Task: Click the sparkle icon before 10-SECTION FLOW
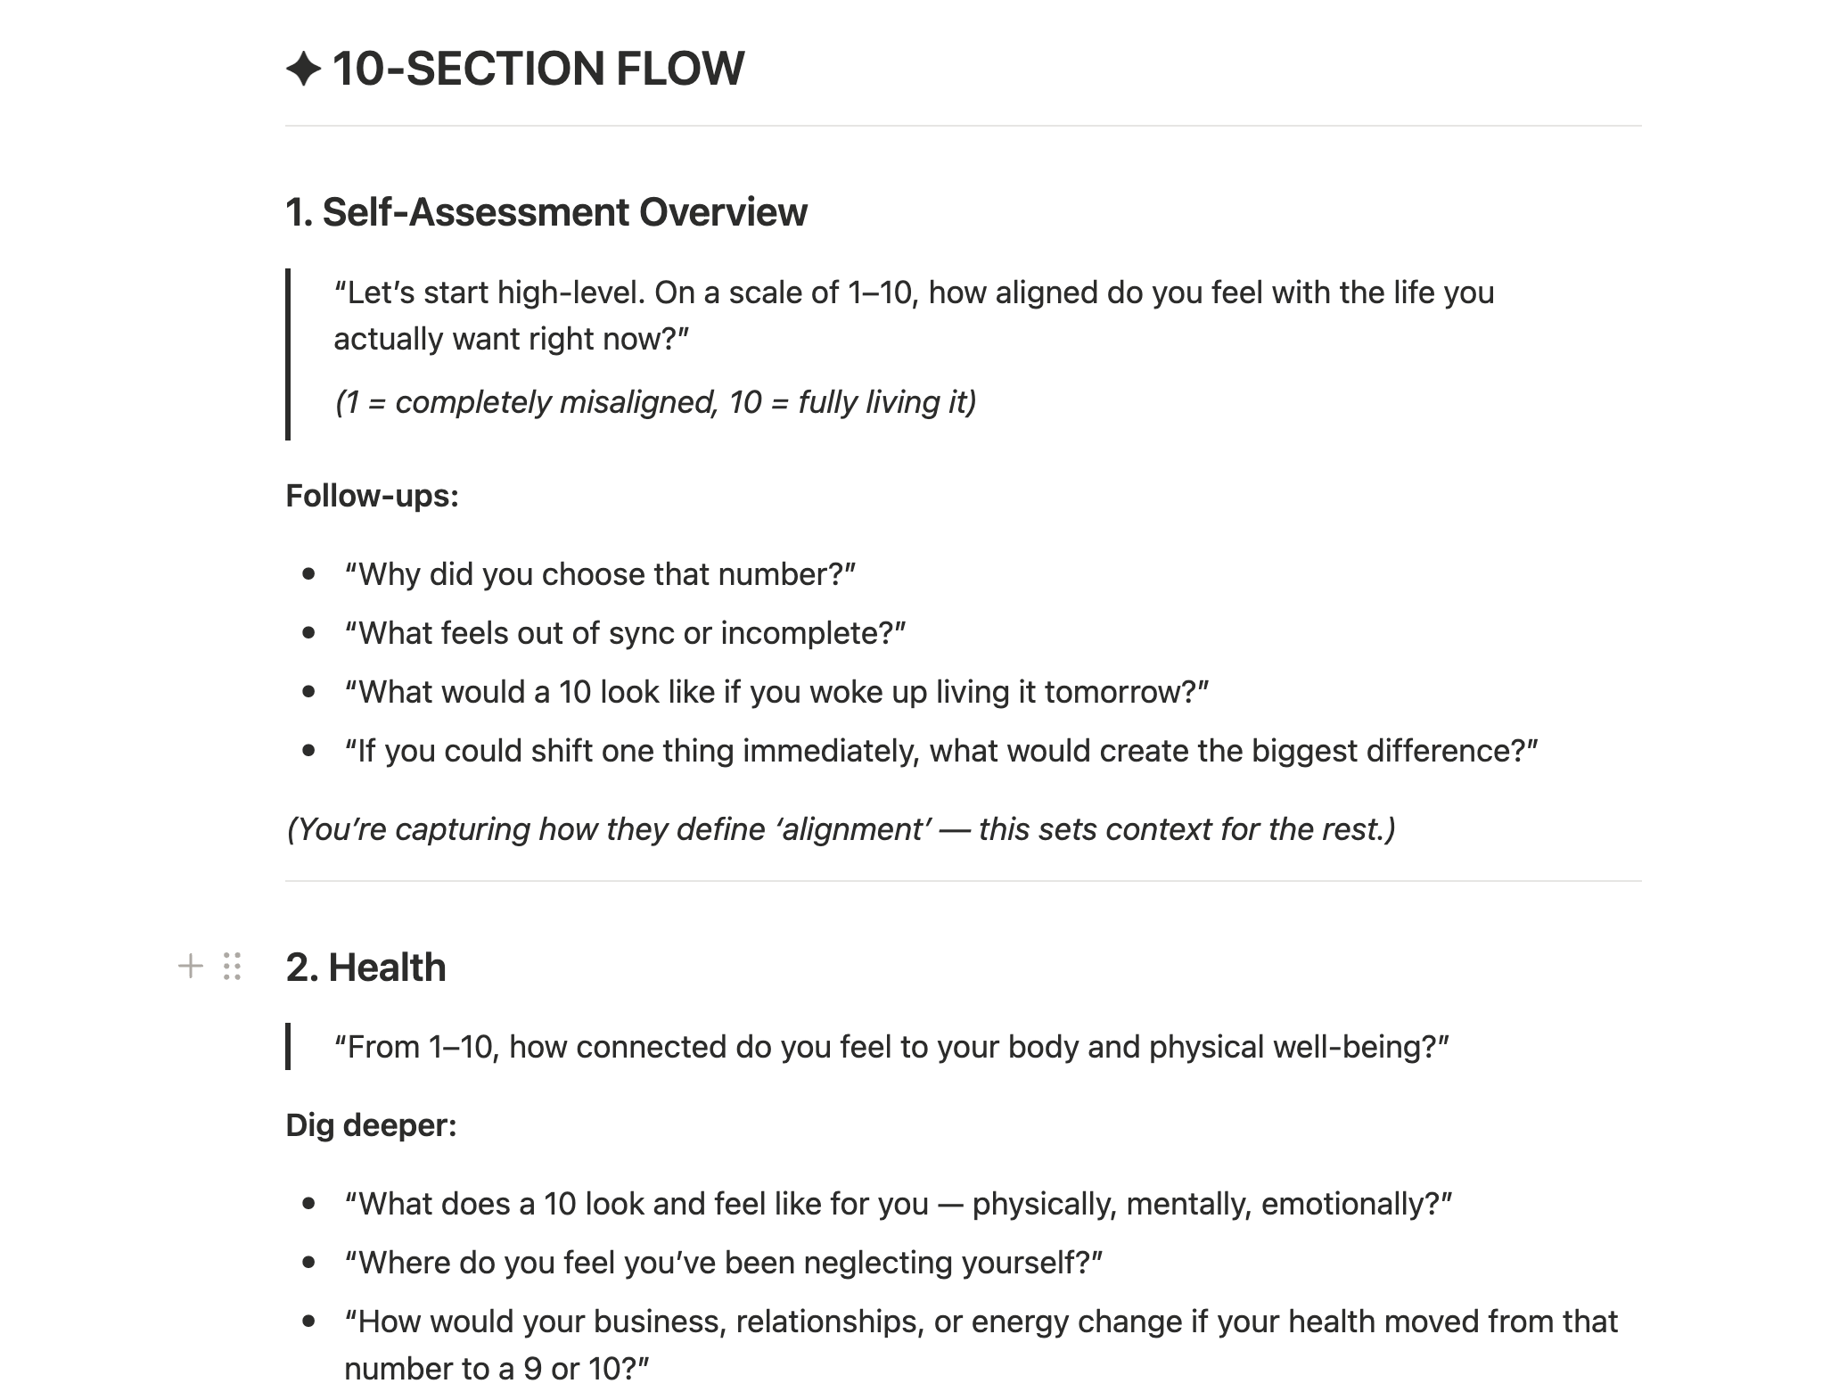(x=303, y=70)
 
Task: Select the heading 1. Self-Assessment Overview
(x=546, y=212)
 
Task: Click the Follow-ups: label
(x=372, y=496)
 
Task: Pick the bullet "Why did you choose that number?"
(x=600, y=574)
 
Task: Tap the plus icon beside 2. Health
(x=190, y=967)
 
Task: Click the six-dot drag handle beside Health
(x=233, y=967)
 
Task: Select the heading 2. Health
(x=365, y=968)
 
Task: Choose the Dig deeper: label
(x=371, y=1125)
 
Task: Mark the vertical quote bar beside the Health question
(x=288, y=1047)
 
